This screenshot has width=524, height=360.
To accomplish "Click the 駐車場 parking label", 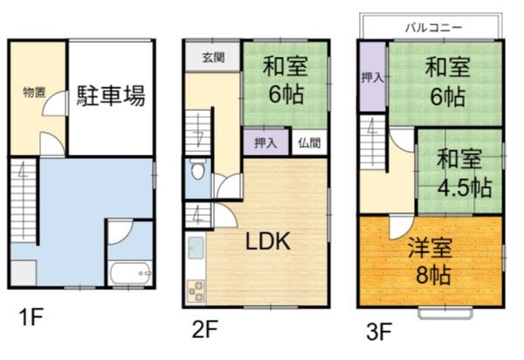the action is (x=111, y=96).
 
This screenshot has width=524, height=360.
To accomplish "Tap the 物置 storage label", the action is (x=34, y=92).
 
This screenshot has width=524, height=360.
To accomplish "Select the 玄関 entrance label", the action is (x=213, y=58).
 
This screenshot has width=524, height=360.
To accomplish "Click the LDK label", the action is (x=268, y=241).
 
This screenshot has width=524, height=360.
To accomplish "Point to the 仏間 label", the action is (x=309, y=143).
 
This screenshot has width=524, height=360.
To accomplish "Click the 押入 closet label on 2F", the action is (x=266, y=143).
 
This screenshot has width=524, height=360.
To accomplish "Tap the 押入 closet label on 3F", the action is (x=373, y=78).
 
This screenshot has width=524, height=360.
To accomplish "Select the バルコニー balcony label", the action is (x=434, y=27).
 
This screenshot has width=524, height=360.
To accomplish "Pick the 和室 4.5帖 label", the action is (x=465, y=173).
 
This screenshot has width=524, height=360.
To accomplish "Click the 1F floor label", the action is (x=31, y=317).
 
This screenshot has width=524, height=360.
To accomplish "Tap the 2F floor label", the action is (x=205, y=329).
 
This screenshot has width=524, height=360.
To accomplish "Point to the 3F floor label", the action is (x=379, y=331).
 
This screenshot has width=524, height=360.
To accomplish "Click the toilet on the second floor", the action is (x=198, y=169).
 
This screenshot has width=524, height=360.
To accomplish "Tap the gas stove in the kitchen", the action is (x=196, y=291).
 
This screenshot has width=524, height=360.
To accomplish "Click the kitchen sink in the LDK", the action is (x=196, y=247).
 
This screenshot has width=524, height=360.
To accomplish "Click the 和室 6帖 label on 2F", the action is (x=286, y=80).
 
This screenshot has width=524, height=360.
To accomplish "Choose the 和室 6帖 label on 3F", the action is (x=448, y=82).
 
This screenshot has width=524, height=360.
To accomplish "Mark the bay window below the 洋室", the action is (x=445, y=313).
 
